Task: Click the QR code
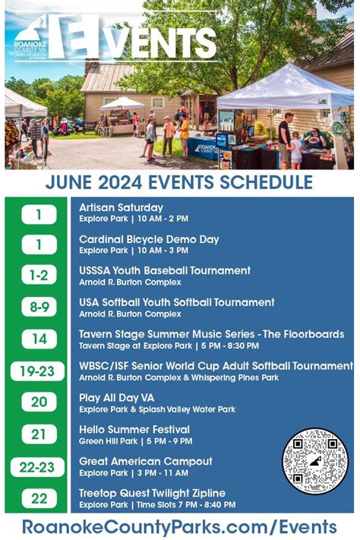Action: click(x=314, y=460)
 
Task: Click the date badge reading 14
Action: click(x=39, y=339)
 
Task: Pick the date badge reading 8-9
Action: click(x=39, y=308)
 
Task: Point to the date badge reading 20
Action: click(x=39, y=403)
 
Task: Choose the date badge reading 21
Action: click(x=39, y=434)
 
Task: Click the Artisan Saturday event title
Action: click(x=121, y=207)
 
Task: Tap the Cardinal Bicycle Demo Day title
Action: click(x=149, y=239)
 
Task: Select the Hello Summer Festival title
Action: click(x=134, y=429)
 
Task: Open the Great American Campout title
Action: click(x=145, y=461)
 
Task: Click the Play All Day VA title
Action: click(x=116, y=397)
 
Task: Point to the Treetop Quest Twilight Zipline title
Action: click(x=162, y=493)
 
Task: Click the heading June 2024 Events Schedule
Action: click(x=179, y=182)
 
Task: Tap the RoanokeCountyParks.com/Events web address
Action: click(x=179, y=526)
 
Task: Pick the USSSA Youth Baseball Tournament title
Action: click(x=165, y=270)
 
